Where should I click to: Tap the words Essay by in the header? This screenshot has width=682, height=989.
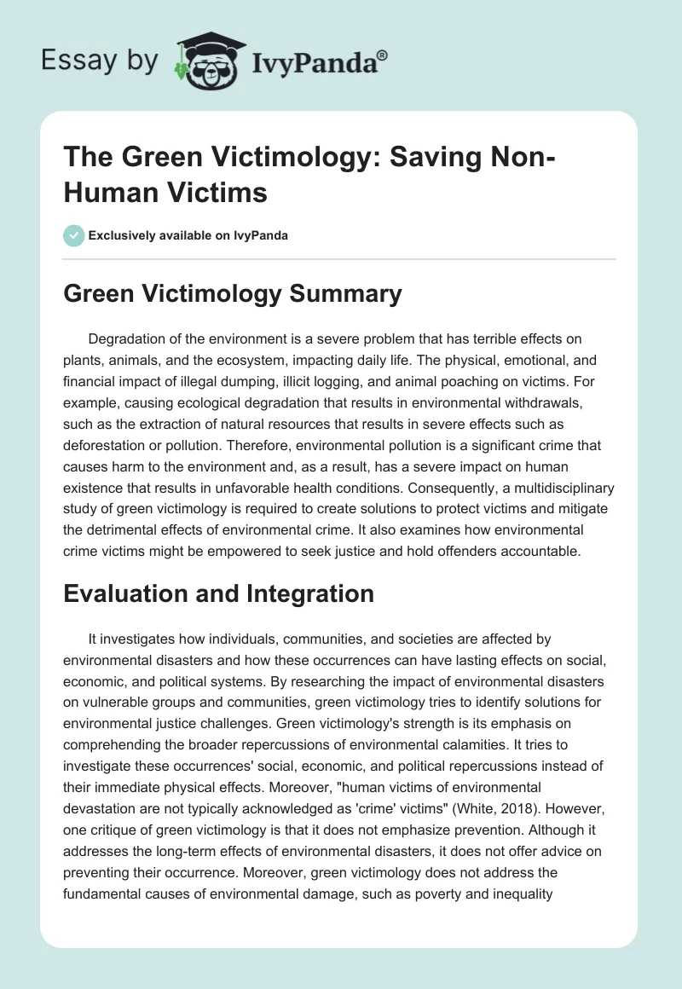point(99,61)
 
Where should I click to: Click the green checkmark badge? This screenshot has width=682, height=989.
point(75,235)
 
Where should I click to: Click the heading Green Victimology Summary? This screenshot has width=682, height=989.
point(233,294)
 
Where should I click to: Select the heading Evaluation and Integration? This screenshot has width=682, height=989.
point(219,593)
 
